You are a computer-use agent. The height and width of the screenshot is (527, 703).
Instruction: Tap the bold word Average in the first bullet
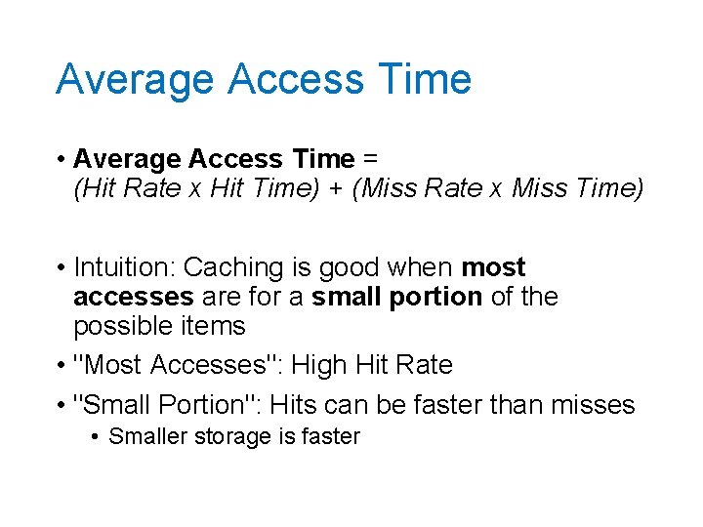pos(127,158)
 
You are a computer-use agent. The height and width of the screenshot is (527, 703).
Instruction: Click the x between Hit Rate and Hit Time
pos(195,188)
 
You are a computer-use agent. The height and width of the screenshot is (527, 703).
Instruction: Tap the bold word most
pos(493,267)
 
